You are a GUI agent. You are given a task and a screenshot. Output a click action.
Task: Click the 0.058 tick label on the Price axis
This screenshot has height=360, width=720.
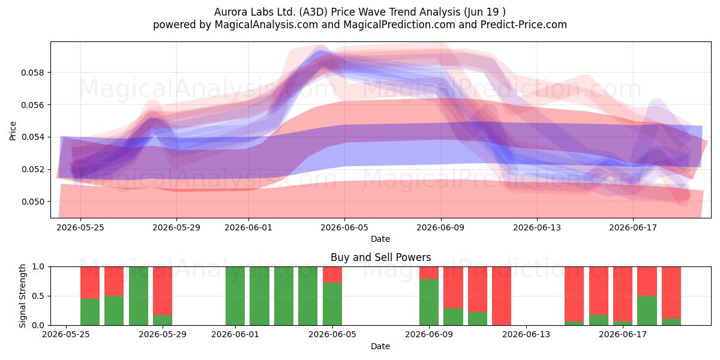tap(32, 73)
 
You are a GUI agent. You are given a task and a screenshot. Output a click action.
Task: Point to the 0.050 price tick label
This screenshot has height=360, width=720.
tap(32, 202)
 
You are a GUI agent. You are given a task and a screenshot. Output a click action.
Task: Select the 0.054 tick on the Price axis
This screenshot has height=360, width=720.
tap(32, 137)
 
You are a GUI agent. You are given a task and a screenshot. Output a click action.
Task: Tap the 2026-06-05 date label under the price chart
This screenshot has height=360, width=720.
tap(344, 227)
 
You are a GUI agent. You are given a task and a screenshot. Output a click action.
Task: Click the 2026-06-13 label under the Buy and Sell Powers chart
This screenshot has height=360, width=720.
tap(526, 335)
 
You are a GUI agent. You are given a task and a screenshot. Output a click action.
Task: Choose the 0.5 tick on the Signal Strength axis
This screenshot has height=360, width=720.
tap(38, 296)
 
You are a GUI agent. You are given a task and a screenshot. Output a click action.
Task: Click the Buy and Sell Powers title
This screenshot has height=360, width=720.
tap(380, 257)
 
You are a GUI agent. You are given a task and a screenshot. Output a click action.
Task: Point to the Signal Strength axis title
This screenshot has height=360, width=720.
tap(22, 296)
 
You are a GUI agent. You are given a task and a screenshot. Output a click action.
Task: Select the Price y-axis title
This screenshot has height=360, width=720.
tap(13, 131)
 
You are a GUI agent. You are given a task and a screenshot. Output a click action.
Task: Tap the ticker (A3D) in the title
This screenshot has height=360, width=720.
tap(313, 12)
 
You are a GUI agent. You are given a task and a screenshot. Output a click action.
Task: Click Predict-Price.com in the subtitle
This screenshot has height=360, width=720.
tap(524, 25)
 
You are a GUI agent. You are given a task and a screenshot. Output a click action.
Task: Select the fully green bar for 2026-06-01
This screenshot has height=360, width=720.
tap(235, 296)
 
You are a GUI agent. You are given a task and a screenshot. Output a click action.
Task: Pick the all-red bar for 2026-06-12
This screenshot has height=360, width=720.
tap(502, 296)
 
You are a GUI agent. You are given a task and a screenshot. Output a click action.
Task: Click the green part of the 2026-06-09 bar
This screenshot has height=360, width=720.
tap(429, 302)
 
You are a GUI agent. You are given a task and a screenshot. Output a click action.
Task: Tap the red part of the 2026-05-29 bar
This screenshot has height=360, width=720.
tap(163, 290)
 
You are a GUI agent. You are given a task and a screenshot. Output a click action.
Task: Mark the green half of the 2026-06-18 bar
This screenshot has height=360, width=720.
tap(647, 310)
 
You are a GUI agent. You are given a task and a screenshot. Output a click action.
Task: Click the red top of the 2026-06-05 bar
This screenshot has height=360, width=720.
tap(332, 275)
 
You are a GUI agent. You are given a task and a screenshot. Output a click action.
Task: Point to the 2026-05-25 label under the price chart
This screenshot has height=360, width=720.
tap(80, 227)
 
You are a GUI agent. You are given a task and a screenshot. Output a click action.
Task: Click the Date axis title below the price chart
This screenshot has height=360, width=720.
tap(380, 239)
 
